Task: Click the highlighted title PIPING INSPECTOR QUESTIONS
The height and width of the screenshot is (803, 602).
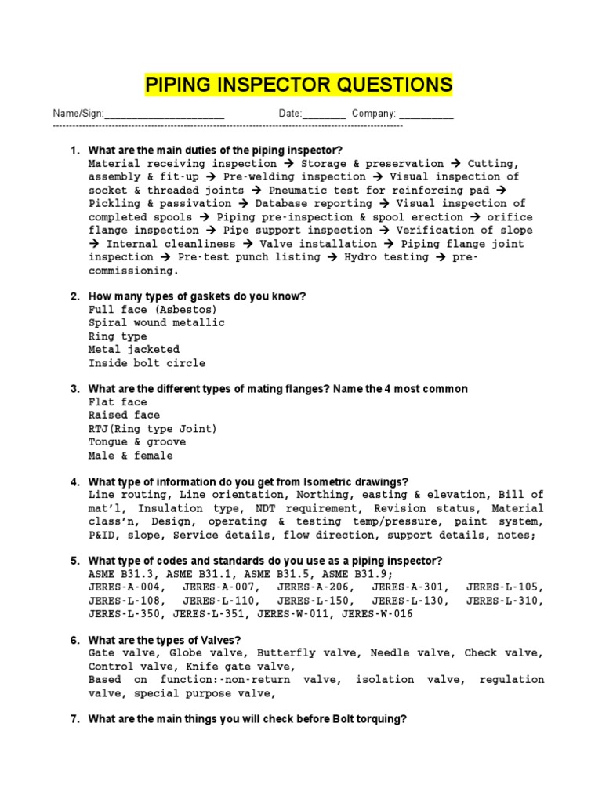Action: pos(299,85)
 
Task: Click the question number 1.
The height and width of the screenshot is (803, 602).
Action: pos(74,150)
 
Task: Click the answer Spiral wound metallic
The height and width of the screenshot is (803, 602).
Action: pos(156,323)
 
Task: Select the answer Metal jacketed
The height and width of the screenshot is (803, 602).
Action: pos(134,350)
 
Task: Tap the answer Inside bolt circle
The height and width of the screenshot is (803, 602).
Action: pos(147,363)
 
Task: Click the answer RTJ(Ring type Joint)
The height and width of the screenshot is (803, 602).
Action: pos(153,429)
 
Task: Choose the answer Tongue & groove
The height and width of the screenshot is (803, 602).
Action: pos(137,442)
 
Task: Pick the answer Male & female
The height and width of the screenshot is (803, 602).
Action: pos(131,456)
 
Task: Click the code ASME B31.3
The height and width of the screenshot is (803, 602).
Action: pos(121,575)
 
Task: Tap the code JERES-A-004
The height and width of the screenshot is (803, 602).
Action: pos(125,588)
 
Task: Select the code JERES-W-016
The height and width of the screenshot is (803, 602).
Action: pos(377,615)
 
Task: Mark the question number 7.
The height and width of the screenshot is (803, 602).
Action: pos(74,718)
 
